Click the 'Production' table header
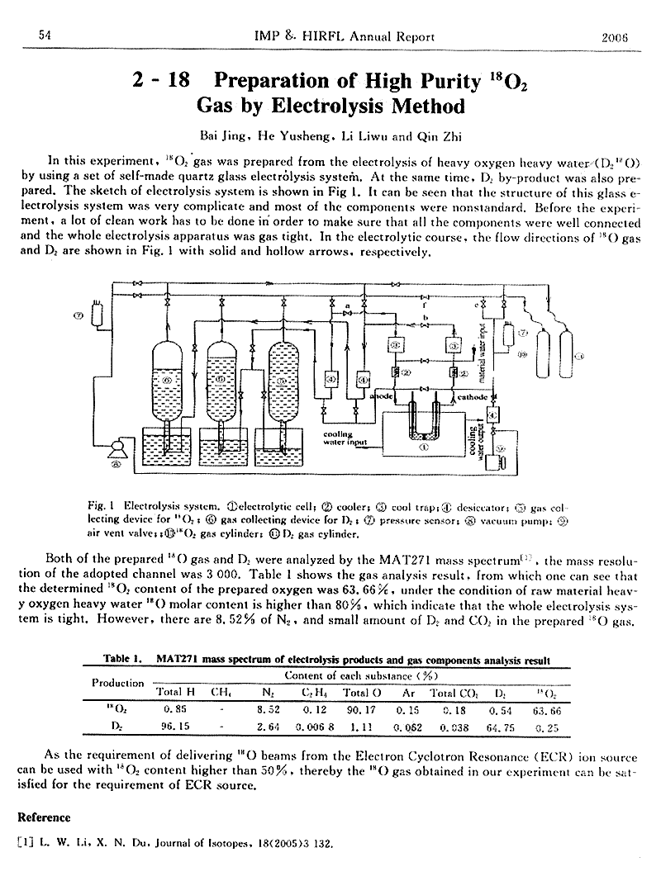click(117, 682)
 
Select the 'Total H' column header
click(174, 692)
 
